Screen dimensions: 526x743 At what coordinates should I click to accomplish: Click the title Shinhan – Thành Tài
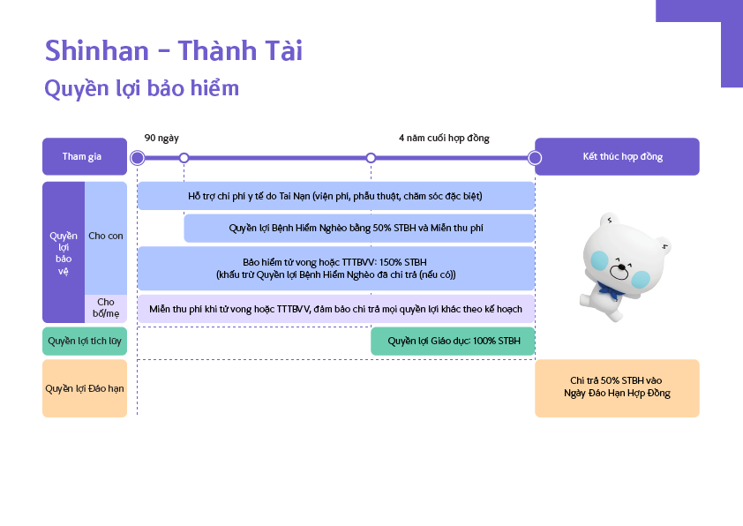point(174,51)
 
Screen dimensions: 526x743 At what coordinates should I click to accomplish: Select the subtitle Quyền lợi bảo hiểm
point(141,89)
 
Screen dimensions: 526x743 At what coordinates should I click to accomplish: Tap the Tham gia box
point(82,157)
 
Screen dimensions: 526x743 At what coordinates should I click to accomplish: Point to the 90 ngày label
point(161,139)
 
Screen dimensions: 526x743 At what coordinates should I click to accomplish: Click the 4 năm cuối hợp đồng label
point(443,139)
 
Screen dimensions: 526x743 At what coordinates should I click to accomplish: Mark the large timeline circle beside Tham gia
point(137,158)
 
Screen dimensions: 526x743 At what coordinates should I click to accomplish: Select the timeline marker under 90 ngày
point(184,158)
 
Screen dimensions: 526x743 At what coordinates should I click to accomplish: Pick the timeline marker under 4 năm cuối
point(371,158)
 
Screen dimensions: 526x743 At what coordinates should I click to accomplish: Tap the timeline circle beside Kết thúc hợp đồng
point(534,158)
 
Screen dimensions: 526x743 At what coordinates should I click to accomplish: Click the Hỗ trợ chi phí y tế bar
point(335,195)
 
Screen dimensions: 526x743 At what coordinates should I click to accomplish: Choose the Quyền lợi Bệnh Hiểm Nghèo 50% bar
point(359,228)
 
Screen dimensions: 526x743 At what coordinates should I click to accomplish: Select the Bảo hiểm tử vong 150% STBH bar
point(335,268)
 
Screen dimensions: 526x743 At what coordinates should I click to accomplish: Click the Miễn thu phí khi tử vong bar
point(335,309)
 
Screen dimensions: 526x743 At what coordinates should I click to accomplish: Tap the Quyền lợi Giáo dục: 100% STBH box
point(453,341)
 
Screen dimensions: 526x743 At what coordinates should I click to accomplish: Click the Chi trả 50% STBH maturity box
point(617,387)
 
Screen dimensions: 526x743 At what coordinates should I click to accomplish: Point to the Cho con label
point(106,237)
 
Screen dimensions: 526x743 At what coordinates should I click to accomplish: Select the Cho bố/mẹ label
point(106,308)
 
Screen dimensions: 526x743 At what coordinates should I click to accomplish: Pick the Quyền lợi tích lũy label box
point(85,341)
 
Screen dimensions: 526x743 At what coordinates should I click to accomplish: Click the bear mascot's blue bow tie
point(607,288)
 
